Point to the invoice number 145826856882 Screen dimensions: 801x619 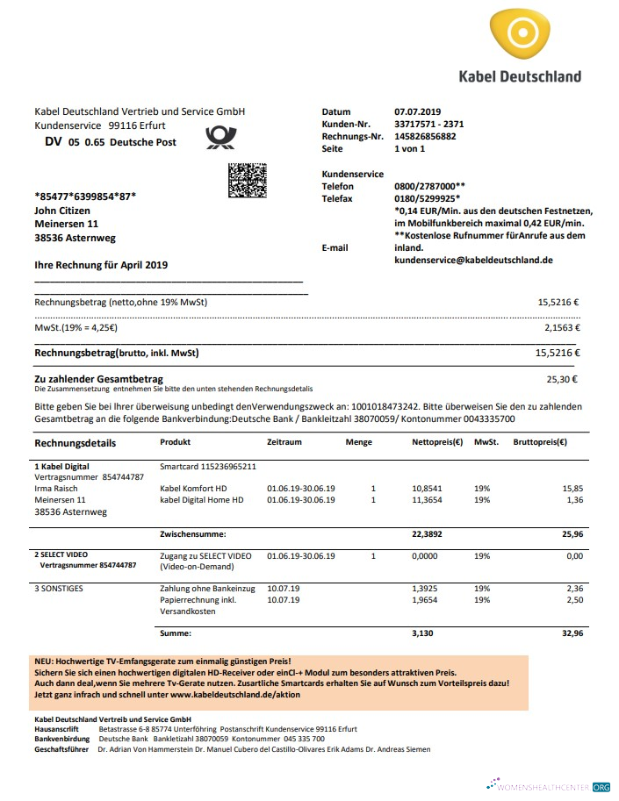coord(425,137)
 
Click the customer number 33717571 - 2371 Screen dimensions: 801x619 coord(429,125)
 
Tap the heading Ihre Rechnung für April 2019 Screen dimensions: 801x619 coord(100,265)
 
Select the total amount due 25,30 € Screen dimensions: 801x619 coord(562,381)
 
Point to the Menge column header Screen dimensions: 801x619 coord(358,443)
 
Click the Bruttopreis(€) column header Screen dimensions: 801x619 coord(539,443)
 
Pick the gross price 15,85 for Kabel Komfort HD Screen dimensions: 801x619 coord(572,488)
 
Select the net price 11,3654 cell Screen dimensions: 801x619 coord(433,500)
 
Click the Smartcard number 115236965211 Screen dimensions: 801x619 coord(208,467)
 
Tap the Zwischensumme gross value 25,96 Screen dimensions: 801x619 coord(571,533)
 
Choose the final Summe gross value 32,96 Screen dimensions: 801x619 coord(571,633)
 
